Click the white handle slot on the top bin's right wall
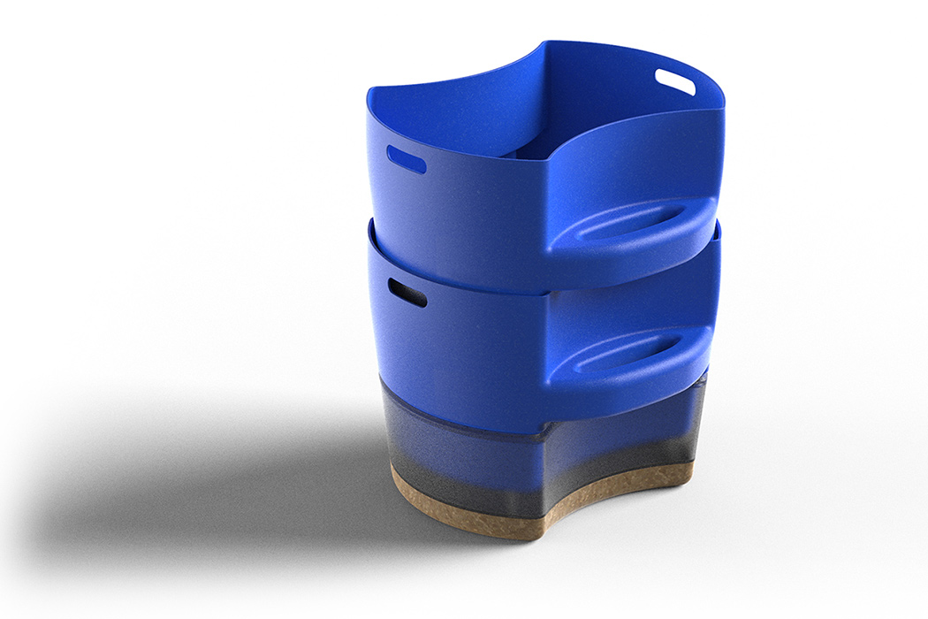(675, 81)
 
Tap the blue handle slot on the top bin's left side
(407, 159)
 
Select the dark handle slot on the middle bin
(407, 292)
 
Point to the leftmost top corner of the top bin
(369, 88)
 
